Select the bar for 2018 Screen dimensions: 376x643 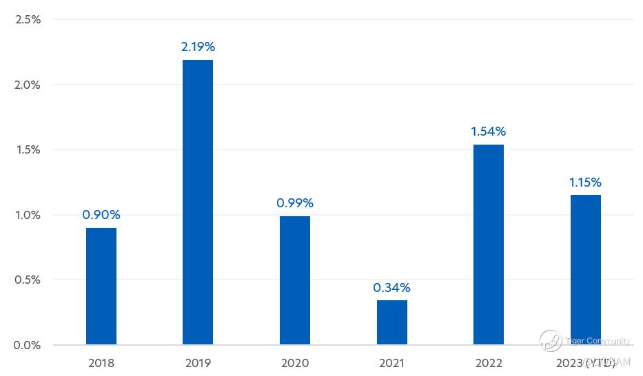point(101,286)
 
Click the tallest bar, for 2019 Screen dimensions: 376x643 point(198,202)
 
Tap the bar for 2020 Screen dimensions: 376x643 point(295,280)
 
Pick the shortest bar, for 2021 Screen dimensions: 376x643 point(392,322)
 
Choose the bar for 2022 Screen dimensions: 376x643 point(489,244)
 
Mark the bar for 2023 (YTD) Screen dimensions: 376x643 point(586,269)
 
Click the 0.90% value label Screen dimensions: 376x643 point(101,215)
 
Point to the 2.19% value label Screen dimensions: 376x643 point(198,47)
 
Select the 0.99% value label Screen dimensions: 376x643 point(295,203)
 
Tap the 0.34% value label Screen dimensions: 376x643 point(392,287)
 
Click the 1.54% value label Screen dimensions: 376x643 point(489,132)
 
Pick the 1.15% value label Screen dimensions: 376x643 point(586,182)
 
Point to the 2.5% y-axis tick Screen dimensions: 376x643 point(28,20)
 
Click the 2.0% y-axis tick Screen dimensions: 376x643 point(28,85)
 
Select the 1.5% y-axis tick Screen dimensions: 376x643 point(28,150)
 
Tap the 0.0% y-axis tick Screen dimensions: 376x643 point(28,345)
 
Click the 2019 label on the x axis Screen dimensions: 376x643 point(198,363)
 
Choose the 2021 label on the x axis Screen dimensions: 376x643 point(392,363)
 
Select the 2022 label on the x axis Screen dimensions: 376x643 point(489,363)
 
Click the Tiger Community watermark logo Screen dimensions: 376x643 point(551,340)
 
